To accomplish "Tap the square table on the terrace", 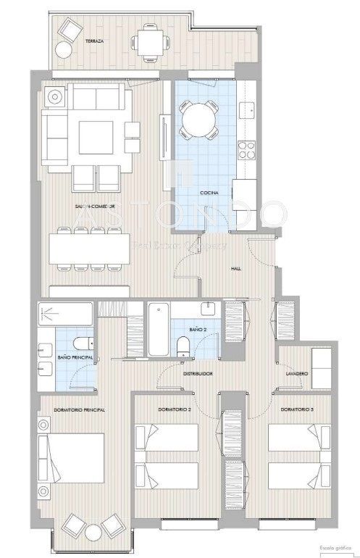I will click(150, 41).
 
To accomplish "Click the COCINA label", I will click(211, 193).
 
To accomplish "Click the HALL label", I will click(236, 267).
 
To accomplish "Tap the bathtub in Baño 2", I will click(159, 330).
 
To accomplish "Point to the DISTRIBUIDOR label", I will click(197, 375).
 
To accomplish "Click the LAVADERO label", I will click(298, 374).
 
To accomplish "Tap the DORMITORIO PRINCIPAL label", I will click(80, 410).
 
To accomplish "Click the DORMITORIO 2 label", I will click(174, 410).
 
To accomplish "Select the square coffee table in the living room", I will click(95, 136).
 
